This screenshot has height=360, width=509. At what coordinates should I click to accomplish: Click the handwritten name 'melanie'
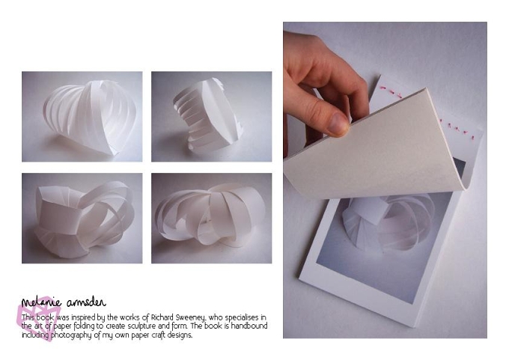(x=41, y=302)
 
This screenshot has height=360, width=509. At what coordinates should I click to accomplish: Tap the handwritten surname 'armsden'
(x=86, y=302)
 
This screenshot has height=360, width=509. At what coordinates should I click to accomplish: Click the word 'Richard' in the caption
(x=162, y=317)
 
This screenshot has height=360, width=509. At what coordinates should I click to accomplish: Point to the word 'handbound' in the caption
(x=249, y=326)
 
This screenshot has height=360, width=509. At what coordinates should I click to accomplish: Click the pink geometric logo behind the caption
(x=36, y=318)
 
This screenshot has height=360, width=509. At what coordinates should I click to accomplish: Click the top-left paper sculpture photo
(x=82, y=117)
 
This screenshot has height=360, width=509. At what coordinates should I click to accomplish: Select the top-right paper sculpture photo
(x=211, y=117)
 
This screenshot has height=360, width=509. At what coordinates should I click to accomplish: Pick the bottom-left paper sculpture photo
(x=82, y=218)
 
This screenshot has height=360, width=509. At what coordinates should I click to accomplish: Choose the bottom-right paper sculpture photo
(x=211, y=218)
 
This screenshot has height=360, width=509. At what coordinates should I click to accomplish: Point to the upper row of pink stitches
(x=391, y=91)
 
